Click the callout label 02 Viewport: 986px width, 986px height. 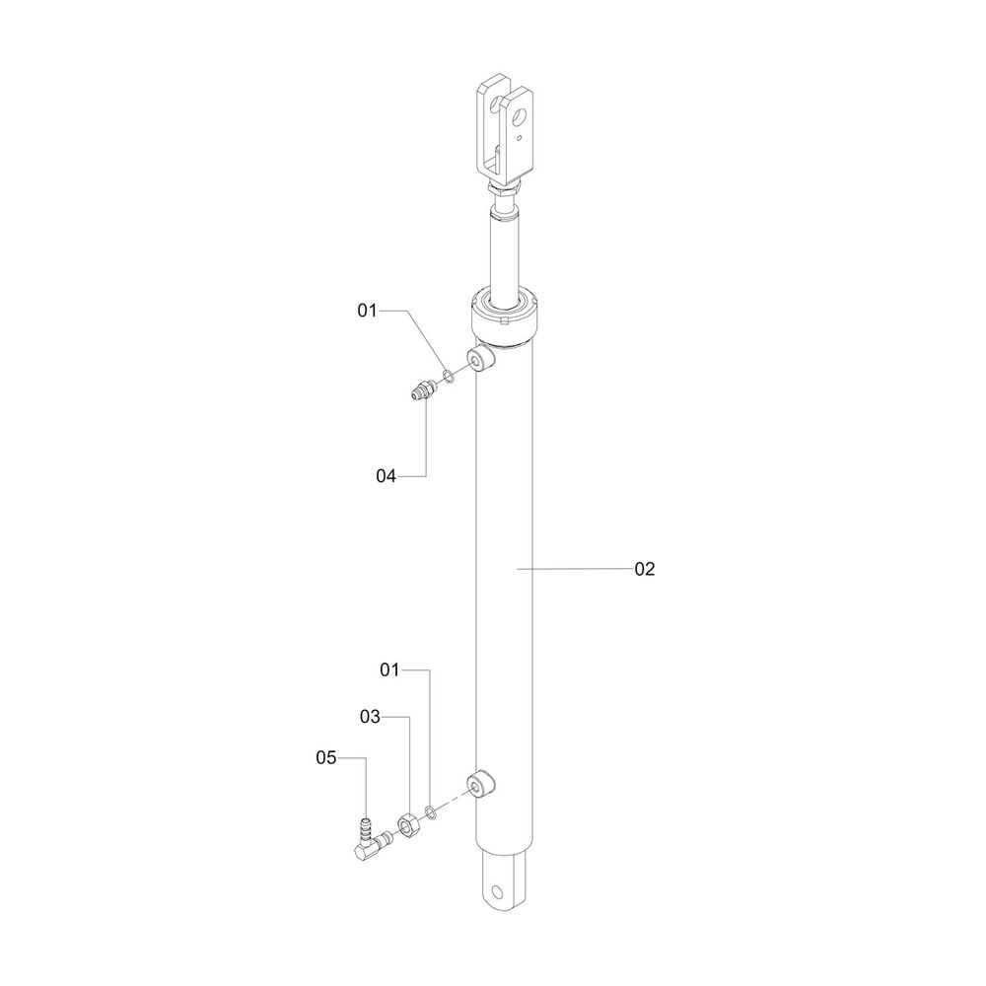(645, 569)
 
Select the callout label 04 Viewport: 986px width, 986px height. (387, 476)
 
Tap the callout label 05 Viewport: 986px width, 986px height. (326, 757)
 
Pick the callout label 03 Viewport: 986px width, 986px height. (371, 716)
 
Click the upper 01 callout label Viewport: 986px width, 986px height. (367, 311)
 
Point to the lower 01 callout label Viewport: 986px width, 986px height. (389, 670)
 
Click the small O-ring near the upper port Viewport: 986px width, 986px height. (449, 377)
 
